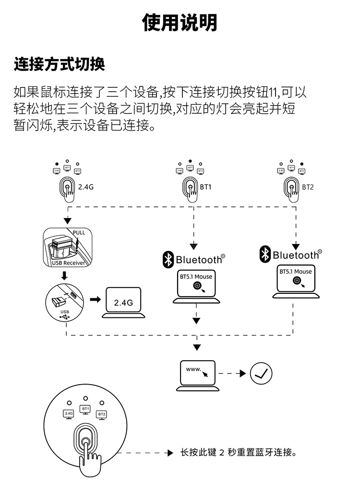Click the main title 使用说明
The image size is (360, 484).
point(180,23)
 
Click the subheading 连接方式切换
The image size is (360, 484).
point(60,64)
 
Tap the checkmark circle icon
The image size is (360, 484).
point(262,373)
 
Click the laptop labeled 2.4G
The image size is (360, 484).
point(123,303)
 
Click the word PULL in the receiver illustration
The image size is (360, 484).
point(78,233)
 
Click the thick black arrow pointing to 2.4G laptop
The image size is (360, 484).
point(96,300)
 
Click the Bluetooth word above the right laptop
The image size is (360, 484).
point(295,255)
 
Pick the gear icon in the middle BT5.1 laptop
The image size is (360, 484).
point(197,286)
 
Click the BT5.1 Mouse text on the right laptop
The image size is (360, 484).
point(296,272)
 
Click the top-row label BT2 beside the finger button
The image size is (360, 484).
point(308,187)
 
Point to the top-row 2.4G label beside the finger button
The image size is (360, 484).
point(86,187)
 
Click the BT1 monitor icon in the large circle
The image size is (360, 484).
point(85,410)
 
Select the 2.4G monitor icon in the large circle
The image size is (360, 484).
point(68,414)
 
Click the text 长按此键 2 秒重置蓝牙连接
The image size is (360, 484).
point(238,452)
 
